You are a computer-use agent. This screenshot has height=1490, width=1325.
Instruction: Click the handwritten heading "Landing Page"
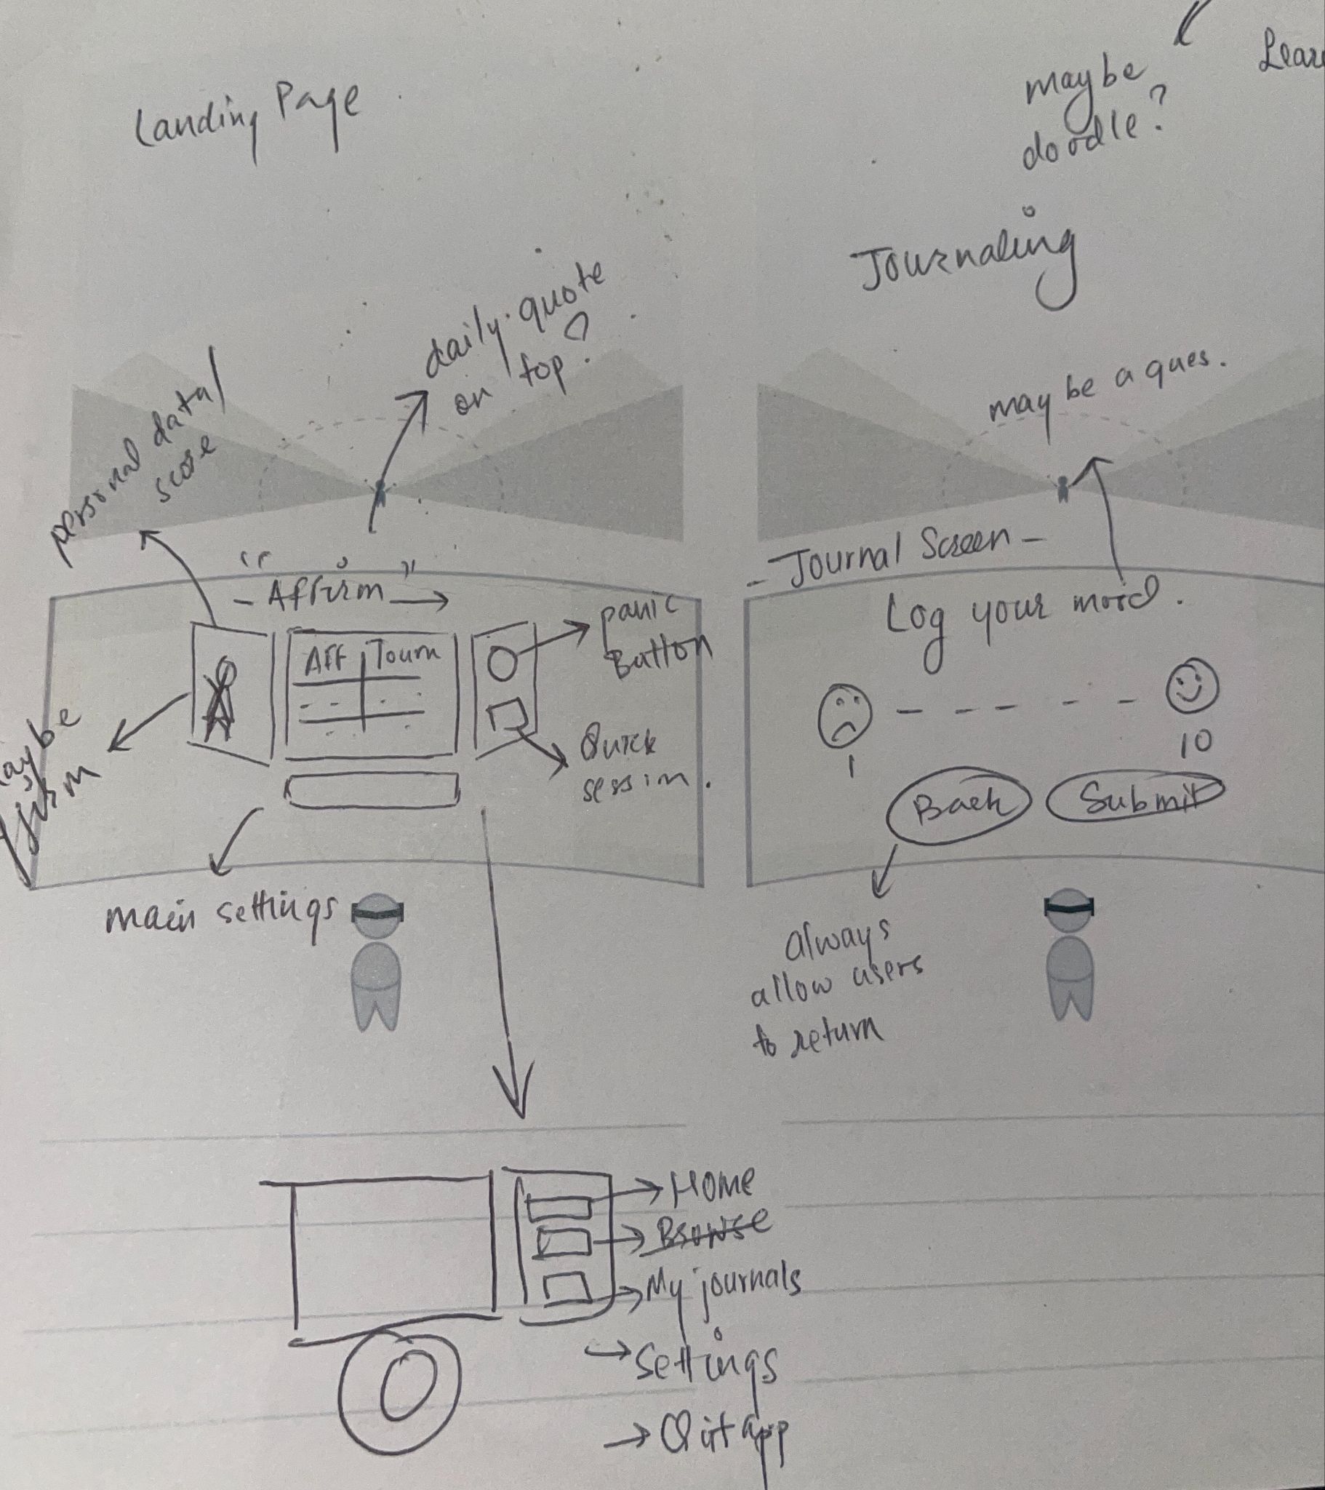pyautogui.click(x=248, y=116)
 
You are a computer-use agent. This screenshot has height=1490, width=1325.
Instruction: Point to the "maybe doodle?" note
pyautogui.click(x=1086, y=120)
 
